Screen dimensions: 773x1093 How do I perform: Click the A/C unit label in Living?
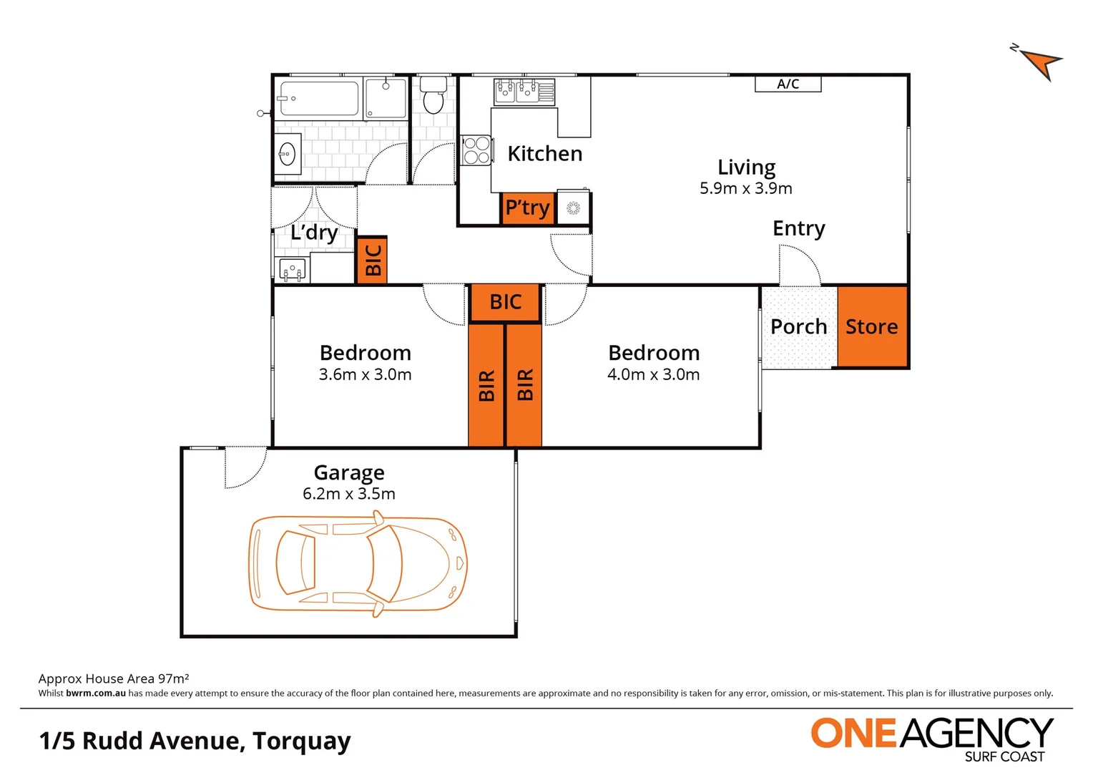[x=788, y=84]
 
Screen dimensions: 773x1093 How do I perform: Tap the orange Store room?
[x=872, y=326]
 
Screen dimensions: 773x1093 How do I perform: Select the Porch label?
[x=798, y=326]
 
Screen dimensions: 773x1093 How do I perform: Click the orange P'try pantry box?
[x=528, y=208]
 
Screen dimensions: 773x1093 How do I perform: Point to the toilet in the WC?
[x=433, y=97]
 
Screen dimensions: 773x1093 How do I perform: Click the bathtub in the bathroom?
[x=319, y=99]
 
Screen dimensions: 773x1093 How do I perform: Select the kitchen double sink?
[x=516, y=91]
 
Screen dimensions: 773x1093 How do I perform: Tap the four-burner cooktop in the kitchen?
[x=476, y=150]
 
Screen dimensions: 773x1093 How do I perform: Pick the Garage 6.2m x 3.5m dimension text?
[x=349, y=494]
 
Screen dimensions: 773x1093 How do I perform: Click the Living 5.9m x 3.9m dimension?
[x=745, y=189]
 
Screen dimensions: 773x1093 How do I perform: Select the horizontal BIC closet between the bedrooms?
[x=505, y=302]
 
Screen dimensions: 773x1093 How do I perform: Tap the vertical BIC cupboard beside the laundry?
[x=372, y=260]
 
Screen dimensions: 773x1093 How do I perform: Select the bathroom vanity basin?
[x=288, y=153]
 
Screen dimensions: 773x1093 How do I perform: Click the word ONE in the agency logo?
[x=853, y=734]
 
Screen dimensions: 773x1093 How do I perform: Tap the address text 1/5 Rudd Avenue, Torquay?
[x=195, y=741]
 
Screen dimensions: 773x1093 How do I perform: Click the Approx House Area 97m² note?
[x=114, y=679]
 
